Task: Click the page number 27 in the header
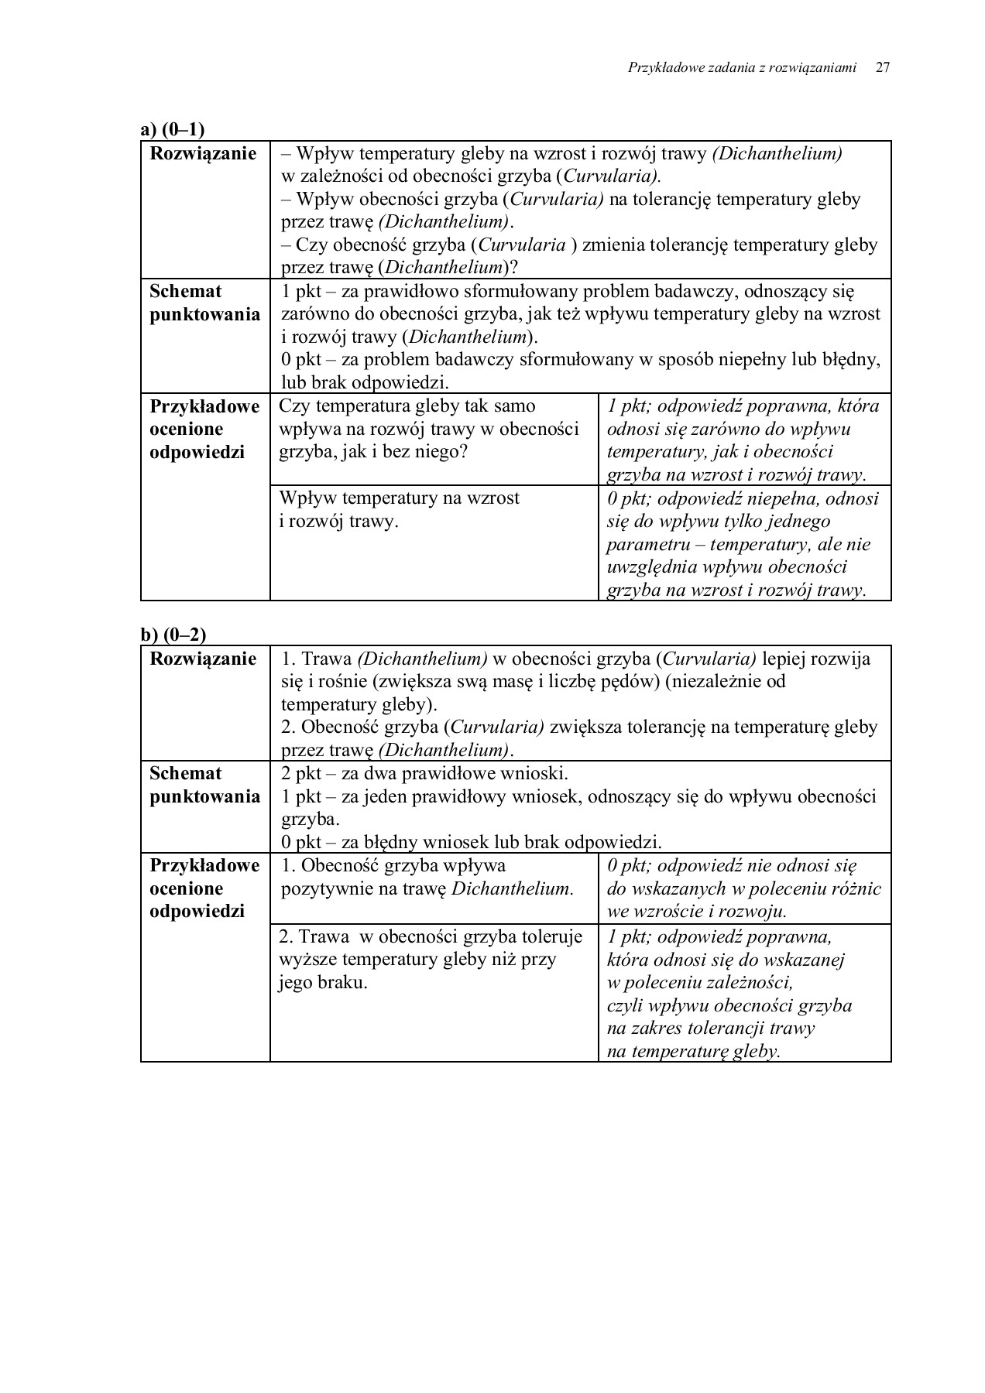coord(882,68)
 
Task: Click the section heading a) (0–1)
coord(173,130)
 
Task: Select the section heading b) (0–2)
coord(173,635)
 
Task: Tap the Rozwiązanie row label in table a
coord(203,153)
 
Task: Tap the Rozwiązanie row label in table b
coord(203,659)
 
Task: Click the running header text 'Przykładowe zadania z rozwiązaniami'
coord(742,68)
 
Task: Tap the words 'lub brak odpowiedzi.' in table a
coord(365,382)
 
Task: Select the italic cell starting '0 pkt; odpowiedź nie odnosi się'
coord(743,888)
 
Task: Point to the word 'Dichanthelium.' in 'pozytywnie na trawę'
coord(513,888)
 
